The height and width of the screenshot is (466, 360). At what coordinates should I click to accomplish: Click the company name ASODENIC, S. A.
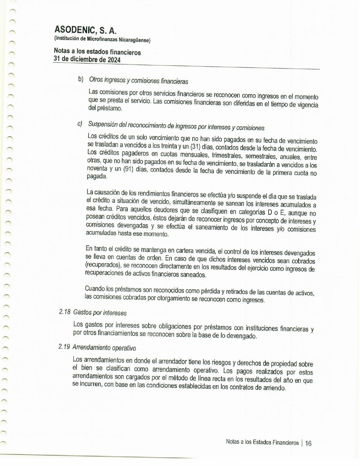[85, 30]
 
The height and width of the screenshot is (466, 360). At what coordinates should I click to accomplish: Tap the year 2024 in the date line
[114, 60]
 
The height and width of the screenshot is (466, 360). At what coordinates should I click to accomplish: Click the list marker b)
[81, 79]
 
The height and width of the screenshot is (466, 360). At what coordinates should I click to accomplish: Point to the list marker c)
[80, 123]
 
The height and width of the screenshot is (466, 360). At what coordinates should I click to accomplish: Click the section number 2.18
[65, 312]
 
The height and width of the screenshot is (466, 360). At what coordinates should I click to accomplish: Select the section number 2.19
[64, 347]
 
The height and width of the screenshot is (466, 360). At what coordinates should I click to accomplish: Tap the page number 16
[308, 443]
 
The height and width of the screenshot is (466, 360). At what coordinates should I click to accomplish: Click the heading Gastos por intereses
[100, 313]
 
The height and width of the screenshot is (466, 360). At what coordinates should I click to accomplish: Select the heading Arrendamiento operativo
[104, 348]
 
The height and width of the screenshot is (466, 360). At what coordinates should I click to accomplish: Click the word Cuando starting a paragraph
[95, 289]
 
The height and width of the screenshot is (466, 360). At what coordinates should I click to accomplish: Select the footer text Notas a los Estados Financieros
[262, 443]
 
